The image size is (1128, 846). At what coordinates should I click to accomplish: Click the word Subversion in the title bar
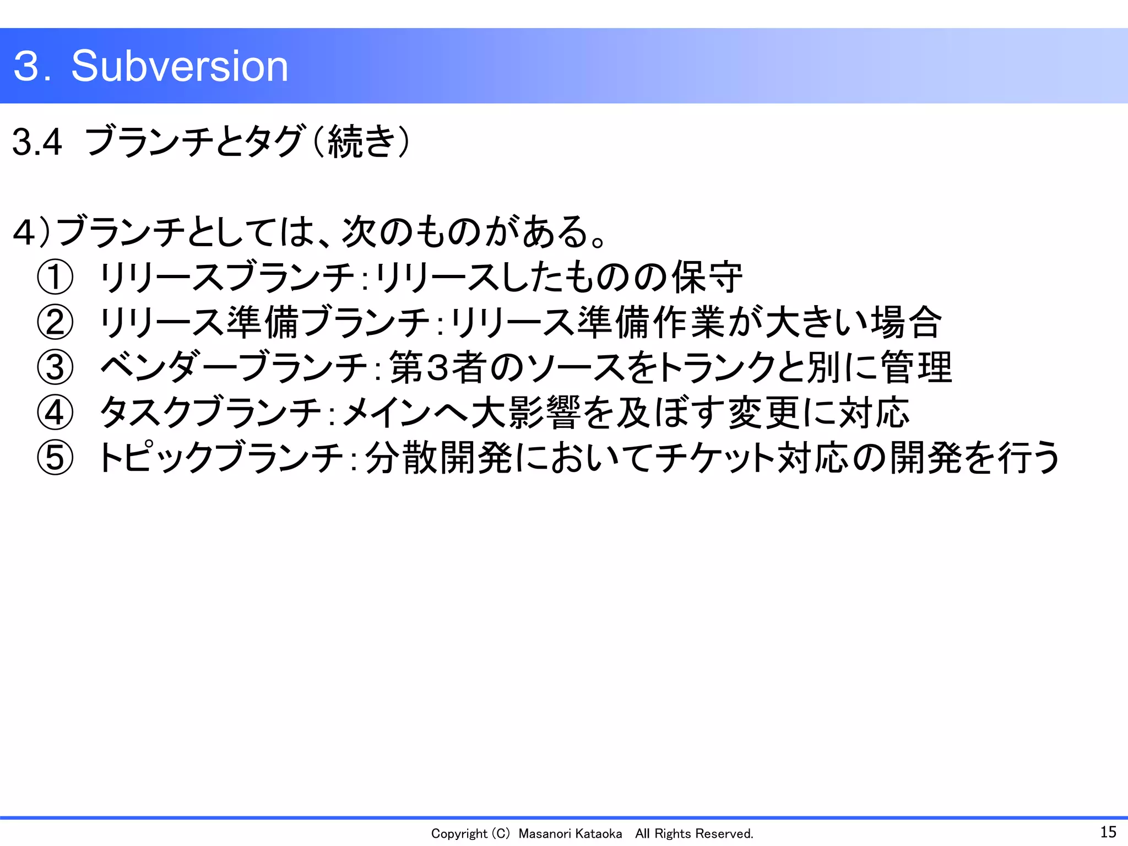click(x=180, y=66)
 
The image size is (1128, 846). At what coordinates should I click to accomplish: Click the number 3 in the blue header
click(x=26, y=66)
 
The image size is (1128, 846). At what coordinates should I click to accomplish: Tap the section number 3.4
click(x=37, y=142)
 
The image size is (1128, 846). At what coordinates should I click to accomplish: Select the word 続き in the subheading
click(x=361, y=142)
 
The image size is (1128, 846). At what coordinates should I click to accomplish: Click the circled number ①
click(x=55, y=277)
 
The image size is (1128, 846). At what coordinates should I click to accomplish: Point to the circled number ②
click(x=55, y=322)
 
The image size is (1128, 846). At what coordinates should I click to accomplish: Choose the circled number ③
click(x=55, y=367)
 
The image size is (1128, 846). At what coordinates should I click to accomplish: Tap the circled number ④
click(x=55, y=413)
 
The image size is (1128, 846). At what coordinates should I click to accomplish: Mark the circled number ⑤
click(x=55, y=458)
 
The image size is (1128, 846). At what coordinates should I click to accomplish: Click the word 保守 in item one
click(x=707, y=277)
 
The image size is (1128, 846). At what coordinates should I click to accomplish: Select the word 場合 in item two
click(x=907, y=322)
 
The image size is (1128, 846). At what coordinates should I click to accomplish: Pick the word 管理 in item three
click(x=916, y=367)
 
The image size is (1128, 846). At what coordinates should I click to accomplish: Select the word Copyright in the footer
click(x=459, y=834)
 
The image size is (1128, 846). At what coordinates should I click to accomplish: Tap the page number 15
click(x=1108, y=832)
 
